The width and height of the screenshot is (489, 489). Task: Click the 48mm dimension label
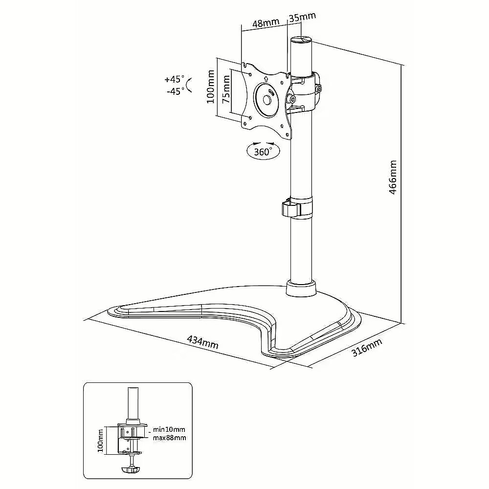[x=266, y=23]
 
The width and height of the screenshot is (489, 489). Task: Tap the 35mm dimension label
[x=302, y=17]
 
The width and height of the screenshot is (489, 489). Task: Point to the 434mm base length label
[x=202, y=342]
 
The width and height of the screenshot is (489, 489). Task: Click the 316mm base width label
[x=367, y=348]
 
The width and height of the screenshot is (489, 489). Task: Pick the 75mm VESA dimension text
[x=226, y=89]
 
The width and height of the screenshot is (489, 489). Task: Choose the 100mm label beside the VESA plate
[x=210, y=87]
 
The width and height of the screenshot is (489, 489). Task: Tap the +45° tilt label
[x=175, y=79]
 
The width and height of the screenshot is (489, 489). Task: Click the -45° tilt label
[x=175, y=91]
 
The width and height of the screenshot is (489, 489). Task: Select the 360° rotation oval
[x=263, y=151]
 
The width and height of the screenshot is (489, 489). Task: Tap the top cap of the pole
[x=301, y=41]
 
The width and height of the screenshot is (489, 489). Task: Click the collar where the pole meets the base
[x=301, y=288]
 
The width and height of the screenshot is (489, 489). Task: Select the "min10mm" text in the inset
[x=169, y=429]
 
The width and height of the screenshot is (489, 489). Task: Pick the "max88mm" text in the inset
[x=169, y=438]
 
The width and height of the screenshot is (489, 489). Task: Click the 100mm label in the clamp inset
[x=100, y=441]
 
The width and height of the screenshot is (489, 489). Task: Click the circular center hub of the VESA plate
[x=267, y=100]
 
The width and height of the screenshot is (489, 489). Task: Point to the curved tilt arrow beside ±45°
[x=188, y=85]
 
